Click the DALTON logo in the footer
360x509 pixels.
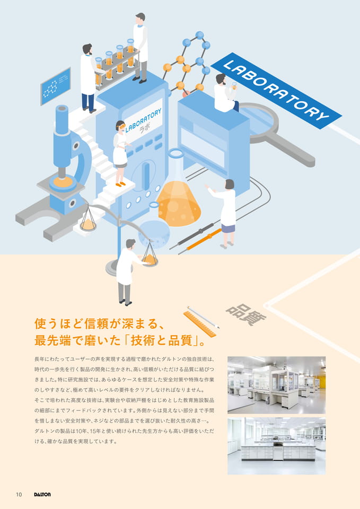point(42,494)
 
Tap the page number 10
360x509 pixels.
point(19,494)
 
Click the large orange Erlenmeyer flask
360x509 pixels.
point(179,191)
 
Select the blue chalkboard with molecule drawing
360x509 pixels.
point(56,86)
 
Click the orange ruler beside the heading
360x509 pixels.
point(200,323)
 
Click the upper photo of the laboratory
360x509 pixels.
point(277,385)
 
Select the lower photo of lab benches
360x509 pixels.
point(277,446)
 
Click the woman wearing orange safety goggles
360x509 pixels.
point(120,153)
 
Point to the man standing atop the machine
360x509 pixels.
point(141,47)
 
